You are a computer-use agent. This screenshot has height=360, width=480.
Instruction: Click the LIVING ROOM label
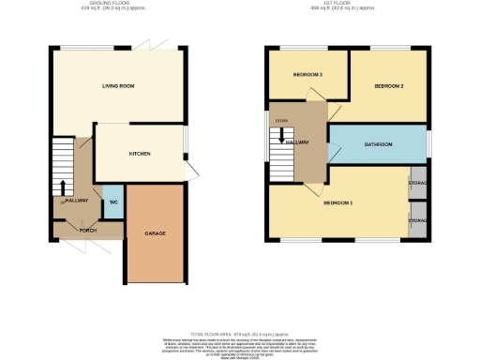pos(119,85)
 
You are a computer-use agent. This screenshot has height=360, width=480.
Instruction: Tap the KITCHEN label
pos(140,154)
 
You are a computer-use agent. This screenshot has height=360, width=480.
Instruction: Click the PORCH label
pos(88,230)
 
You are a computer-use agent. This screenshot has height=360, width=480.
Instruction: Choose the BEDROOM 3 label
pos(307,74)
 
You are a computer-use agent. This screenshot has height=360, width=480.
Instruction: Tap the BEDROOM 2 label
pos(388,86)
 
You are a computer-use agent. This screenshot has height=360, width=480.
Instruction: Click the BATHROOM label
pos(379,143)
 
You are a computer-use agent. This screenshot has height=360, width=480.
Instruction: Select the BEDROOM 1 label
pos(337,202)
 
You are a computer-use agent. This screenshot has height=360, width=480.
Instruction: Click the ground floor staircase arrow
pos(63,186)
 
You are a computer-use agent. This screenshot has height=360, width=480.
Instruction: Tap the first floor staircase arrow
pos(279,140)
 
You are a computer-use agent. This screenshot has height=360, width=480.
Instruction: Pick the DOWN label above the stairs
pos(281,120)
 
